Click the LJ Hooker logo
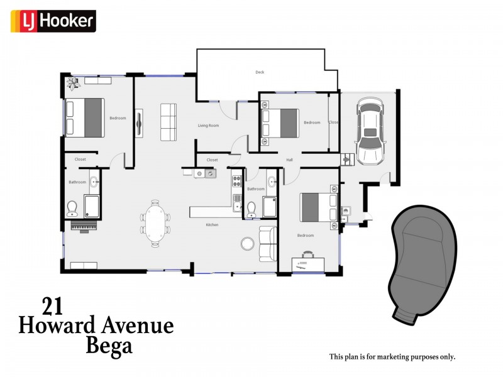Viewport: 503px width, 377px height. (53, 21)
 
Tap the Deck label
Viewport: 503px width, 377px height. (260, 72)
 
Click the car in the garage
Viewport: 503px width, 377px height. (370, 131)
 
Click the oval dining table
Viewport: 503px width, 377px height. (155, 223)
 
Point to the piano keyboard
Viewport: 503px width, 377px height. (84, 226)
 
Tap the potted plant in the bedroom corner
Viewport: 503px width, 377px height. (73, 84)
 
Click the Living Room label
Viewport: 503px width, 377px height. (208, 126)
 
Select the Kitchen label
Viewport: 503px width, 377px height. (212, 225)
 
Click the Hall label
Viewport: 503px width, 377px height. (289, 160)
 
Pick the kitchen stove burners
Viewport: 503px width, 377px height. (237, 181)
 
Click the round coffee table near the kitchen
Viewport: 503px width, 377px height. (248, 243)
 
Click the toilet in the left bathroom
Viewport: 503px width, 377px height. (72, 209)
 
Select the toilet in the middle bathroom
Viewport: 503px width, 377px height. (251, 209)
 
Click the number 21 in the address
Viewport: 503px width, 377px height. (52, 307)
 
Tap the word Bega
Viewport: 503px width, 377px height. (109, 347)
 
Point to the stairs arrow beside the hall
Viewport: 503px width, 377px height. (347, 159)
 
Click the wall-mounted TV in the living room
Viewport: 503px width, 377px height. (139, 123)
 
